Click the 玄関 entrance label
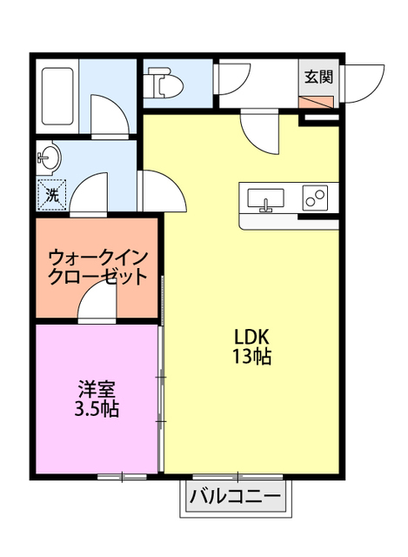[x=318, y=77]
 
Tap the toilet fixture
[x=164, y=84]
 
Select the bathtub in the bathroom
[x=57, y=95]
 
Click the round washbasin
[x=49, y=159]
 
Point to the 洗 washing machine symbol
[x=51, y=196]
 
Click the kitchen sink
[x=265, y=199]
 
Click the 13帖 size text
[x=252, y=357]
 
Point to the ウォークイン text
[x=97, y=258]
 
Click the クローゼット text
[x=97, y=278]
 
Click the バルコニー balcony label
[x=235, y=499]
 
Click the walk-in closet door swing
[x=97, y=305]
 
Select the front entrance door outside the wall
[x=363, y=85]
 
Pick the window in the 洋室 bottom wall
[x=122, y=476]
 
